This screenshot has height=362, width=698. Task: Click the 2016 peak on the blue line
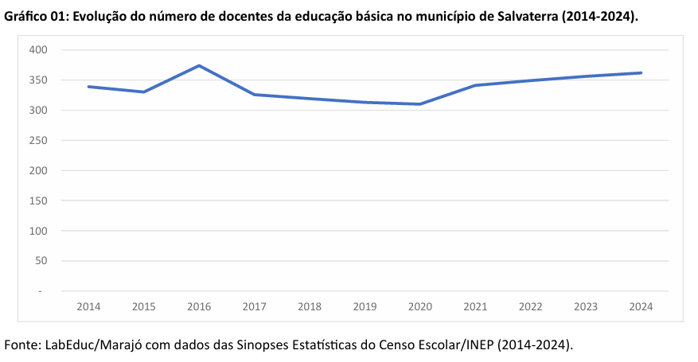pyautogui.click(x=199, y=65)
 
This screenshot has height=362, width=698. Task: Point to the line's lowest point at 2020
pyautogui.click(x=419, y=104)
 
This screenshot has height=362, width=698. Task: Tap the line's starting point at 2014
pyautogui.click(x=88, y=86)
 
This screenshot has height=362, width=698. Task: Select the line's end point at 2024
pyautogui.click(x=641, y=72)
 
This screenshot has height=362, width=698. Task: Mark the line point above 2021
pyautogui.click(x=475, y=85)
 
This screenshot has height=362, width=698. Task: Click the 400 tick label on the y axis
pyautogui.click(x=39, y=50)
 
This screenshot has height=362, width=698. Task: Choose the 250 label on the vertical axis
pyautogui.click(x=39, y=141)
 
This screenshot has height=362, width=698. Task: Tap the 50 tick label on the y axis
pyautogui.click(x=41, y=261)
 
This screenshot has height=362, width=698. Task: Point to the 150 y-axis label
pyautogui.click(x=39, y=200)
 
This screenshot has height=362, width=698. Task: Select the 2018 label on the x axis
pyautogui.click(x=309, y=306)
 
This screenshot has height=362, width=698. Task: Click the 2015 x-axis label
pyautogui.click(x=143, y=306)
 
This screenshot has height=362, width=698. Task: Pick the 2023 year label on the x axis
pyautogui.click(x=586, y=306)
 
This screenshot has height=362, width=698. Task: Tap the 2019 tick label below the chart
pyautogui.click(x=365, y=306)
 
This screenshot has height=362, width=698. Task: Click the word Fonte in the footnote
pyautogui.click(x=22, y=345)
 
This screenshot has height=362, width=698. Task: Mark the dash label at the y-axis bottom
pyautogui.click(x=40, y=291)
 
